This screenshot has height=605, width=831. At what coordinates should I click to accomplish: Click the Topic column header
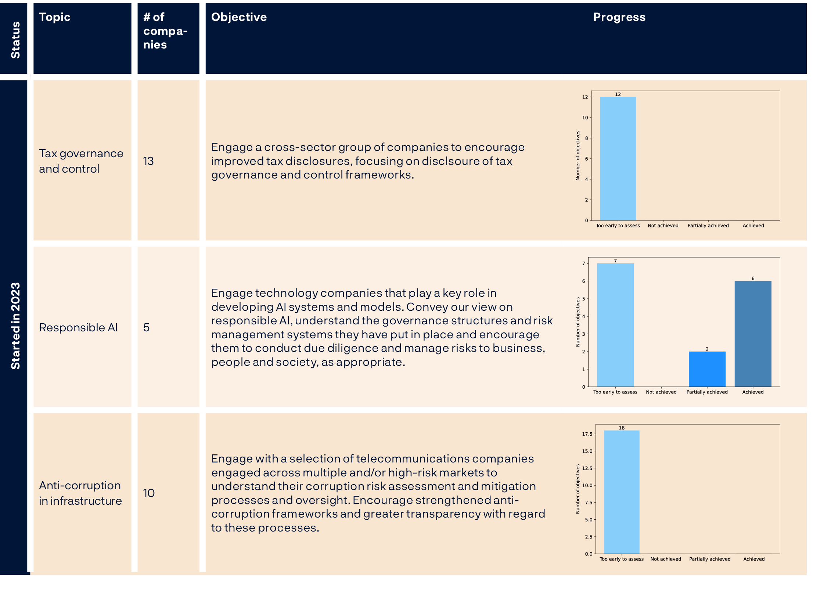tap(55, 17)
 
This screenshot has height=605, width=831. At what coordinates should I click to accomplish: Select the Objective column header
tap(239, 17)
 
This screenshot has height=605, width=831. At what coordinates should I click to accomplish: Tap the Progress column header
tap(619, 17)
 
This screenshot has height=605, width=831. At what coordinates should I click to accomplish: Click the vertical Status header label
tap(15, 40)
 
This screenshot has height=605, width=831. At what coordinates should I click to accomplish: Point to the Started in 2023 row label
tap(15, 325)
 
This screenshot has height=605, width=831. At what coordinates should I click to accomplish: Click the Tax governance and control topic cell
tap(81, 161)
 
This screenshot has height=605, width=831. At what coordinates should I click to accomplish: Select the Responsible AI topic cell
tap(78, 327)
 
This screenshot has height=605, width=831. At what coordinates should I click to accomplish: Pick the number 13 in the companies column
tap(148, 161)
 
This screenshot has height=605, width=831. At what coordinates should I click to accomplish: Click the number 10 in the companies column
tap(149, 493)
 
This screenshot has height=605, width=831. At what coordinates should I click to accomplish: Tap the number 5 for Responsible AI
tap(147, 327)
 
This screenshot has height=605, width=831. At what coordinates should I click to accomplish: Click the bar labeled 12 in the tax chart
tap(618, 158)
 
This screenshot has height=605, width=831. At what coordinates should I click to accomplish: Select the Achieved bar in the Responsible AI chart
tap(753, 334)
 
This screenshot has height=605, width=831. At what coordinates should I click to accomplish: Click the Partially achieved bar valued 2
tap(707, 369)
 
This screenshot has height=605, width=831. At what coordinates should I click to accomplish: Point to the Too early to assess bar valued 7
tap(615, 325)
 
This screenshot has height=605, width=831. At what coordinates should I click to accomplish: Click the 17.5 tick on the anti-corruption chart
tap(587, 434)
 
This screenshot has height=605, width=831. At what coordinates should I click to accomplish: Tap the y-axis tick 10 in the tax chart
tap(585, 118)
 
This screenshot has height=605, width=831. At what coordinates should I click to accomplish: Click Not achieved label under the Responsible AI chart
tap(661, 392)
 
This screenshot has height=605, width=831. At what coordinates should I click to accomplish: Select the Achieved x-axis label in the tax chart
tap(753, 226)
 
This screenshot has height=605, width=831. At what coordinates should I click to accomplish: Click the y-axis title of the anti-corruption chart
tap(578, 489)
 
